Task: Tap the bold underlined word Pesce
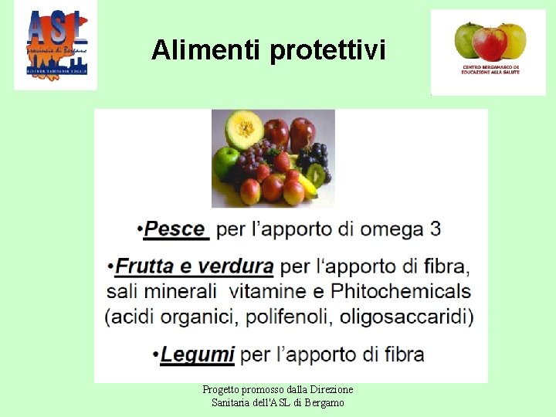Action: point(175,229)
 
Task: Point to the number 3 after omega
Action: point(436,229)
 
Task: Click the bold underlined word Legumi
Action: point(198,354)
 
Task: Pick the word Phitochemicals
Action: point(401,291)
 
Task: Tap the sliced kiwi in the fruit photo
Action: point(315,173)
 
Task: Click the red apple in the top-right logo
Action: point(490,43)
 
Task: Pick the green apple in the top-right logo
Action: point(468,39)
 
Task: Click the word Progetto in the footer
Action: point(220,390)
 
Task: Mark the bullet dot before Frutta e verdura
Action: point(111,268)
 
